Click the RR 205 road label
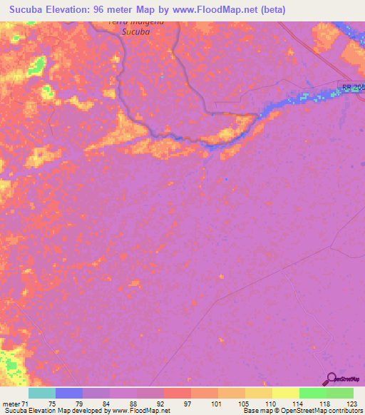pyautogui.click(x=353, y=87)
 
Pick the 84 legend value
pyautogui.click(x=106, y=404)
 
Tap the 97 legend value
pyautogui.click(x=188, y=404)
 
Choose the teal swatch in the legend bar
pyautogui.click(x=41, y=393)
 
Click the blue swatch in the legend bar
pyautogui.click(x=68, y=393)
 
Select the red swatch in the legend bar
pyautogui.click(x=177, y=393)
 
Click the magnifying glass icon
pyautogui.click(x=330, y=378)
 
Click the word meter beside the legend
pyautogui.click(x=11, y=404)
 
